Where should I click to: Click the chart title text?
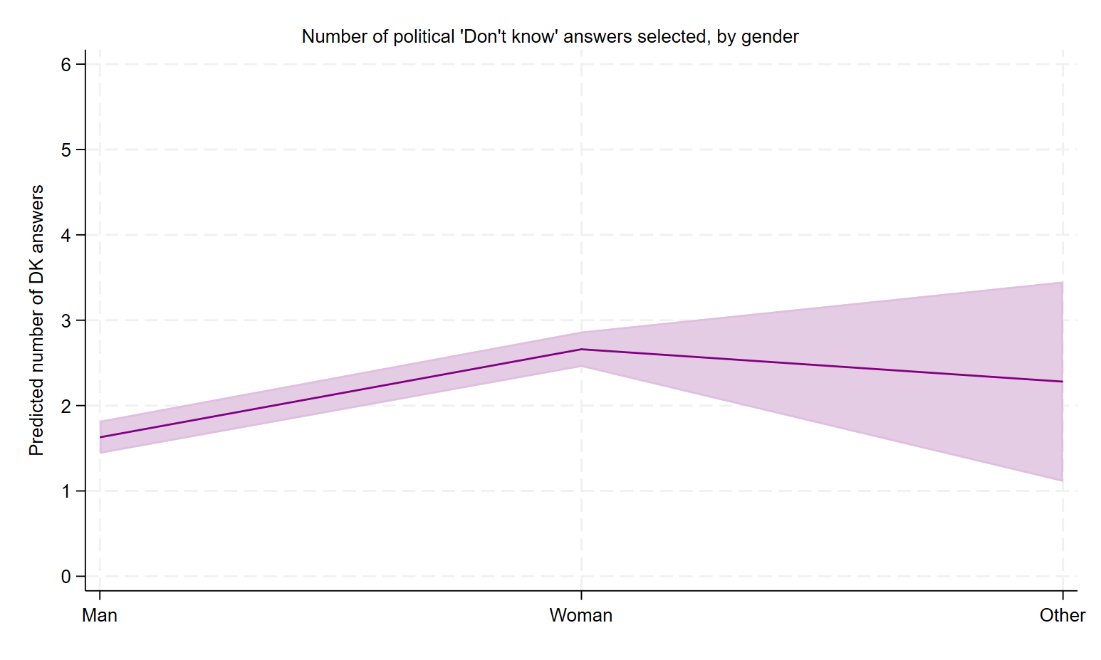point(550,37)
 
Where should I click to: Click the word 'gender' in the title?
point(771,38)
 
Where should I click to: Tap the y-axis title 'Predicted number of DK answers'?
point(37,320)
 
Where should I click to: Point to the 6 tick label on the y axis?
point(66,64)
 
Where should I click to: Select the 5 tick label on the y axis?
point(66,150)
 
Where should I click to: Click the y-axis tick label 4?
point(66,235)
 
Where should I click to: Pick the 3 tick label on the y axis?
point(66,320)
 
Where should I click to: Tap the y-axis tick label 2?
point(66,406)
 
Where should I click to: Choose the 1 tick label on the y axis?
point(66,491)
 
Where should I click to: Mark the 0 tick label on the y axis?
point(66,577)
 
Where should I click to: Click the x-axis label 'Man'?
point(100,615)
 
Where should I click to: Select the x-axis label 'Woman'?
point(581,615)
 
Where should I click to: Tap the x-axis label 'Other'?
point(1063,615)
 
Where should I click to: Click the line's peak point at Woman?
point(581,350)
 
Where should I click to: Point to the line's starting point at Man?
point(100,437)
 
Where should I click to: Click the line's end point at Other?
point(1063,382)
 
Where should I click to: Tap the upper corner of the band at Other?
point(1063,282)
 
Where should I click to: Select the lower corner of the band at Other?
point(1063,481)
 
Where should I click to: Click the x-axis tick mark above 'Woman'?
point(581,595)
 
